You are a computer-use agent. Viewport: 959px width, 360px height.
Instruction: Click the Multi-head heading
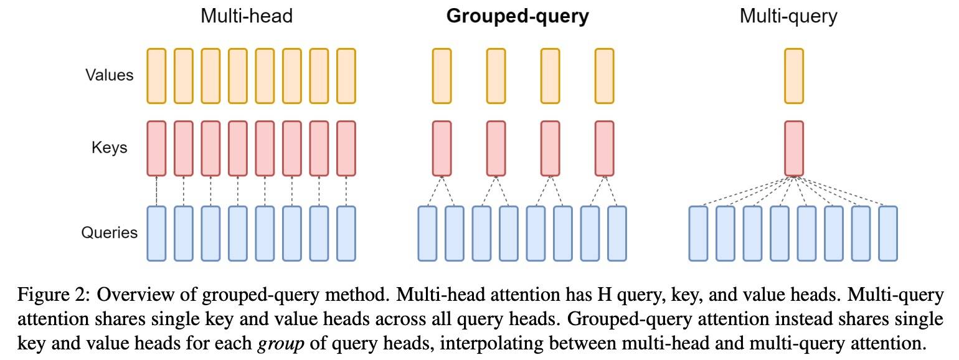point(247,16)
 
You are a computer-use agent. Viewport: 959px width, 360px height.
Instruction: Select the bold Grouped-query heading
point(517,17)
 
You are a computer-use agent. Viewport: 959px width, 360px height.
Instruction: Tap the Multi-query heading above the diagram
point(788,17)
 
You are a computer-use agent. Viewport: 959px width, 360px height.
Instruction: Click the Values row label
point(109,75)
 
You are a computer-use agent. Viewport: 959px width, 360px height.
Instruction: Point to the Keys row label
point(109,148)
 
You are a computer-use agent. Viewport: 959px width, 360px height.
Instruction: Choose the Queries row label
point(109,232)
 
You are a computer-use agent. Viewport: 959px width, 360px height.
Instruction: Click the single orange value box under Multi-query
point(794,76)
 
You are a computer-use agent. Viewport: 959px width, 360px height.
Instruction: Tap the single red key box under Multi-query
point(794,148)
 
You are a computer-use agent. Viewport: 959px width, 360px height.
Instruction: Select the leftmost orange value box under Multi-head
point(156,76)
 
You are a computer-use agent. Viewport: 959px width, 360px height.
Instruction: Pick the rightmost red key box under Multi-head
point(346,148)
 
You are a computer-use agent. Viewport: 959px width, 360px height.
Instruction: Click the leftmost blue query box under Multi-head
point(156,234)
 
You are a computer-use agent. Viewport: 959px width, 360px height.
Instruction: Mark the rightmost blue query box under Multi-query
point(888,234)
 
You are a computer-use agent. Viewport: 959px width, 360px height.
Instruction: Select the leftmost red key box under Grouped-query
point(442,148)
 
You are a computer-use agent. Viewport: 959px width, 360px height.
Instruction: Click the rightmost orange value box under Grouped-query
point(604,76)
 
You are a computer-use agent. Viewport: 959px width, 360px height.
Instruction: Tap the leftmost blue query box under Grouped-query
point(427,234)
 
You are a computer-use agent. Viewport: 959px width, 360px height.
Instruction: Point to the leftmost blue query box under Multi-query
point(698,234)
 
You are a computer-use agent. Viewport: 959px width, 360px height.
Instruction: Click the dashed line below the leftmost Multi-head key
point(156,191)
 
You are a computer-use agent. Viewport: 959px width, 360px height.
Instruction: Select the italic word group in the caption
point(280,344)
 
